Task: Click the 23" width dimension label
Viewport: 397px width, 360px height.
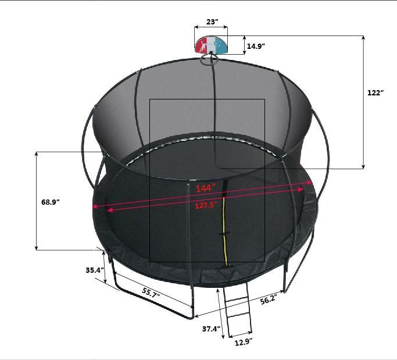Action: tap(212, 22)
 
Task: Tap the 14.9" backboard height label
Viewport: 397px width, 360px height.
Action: tap(256, 46)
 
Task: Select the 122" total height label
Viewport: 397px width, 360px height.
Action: tap(376, 93)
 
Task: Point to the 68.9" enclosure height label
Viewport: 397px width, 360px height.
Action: tap(51, 202)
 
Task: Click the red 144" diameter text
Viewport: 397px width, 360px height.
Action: tap(205, 188)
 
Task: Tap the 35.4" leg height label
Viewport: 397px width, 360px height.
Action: tap(94, 270)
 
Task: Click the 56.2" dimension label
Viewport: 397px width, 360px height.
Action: tap(268, 300)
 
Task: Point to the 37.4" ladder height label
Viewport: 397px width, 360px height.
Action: tap(211, 329)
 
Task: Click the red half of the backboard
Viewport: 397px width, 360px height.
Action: tap(203, 45)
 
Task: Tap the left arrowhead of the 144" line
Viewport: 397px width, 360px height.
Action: tap(94, 207)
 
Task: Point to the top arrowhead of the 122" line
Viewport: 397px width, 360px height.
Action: tap(364, 38)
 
